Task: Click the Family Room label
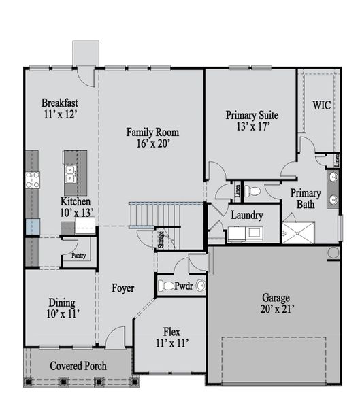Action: click(x=152, y=132)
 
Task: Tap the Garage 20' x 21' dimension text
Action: click(x=278, y=309)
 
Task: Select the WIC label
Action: click(x=322, y=105)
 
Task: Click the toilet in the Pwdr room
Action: click(x=166, y=286)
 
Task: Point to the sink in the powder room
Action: click(x=201, y=286)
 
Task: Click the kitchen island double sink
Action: click(x=70, y=174)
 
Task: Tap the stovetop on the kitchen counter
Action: click(x=33, y=180)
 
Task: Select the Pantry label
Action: click(x=79, y=256)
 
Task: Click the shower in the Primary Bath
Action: click(x=298, y=233)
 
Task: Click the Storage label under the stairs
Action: click(x=161, y=239)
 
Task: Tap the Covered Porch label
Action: click(x=78, y=366)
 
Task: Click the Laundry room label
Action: click(x=247, y=215)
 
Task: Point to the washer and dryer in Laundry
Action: click(x=246, y=234)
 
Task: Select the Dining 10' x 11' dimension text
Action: click(x=63, y=313)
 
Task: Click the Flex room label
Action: click(x=171, y=332)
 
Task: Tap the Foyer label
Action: click(x=123, y=288)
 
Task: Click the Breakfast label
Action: click(x=60, y=103)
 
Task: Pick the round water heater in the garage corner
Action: click(x=333, y=252)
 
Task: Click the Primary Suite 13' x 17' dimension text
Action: click(x=253, y=126)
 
